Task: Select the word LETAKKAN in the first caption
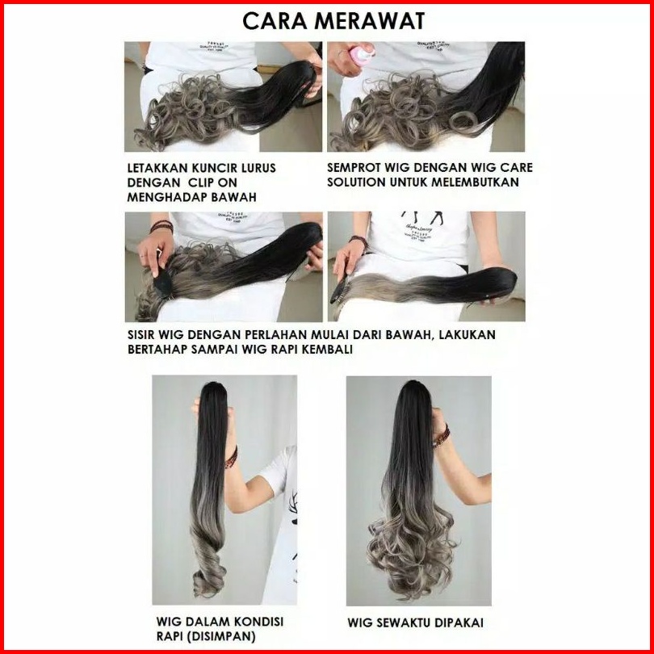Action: (x=157, y=168)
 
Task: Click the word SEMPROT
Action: (x=354, y=168)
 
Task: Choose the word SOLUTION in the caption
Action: (x=356, y=182)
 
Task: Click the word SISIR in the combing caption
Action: (x=142, y=335)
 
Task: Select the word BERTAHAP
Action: (x=157, y=349)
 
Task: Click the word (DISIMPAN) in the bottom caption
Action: (x=206, y=636)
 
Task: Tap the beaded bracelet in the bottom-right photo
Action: (x=441, y=437)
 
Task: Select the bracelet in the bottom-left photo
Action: (x=231, y=458)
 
